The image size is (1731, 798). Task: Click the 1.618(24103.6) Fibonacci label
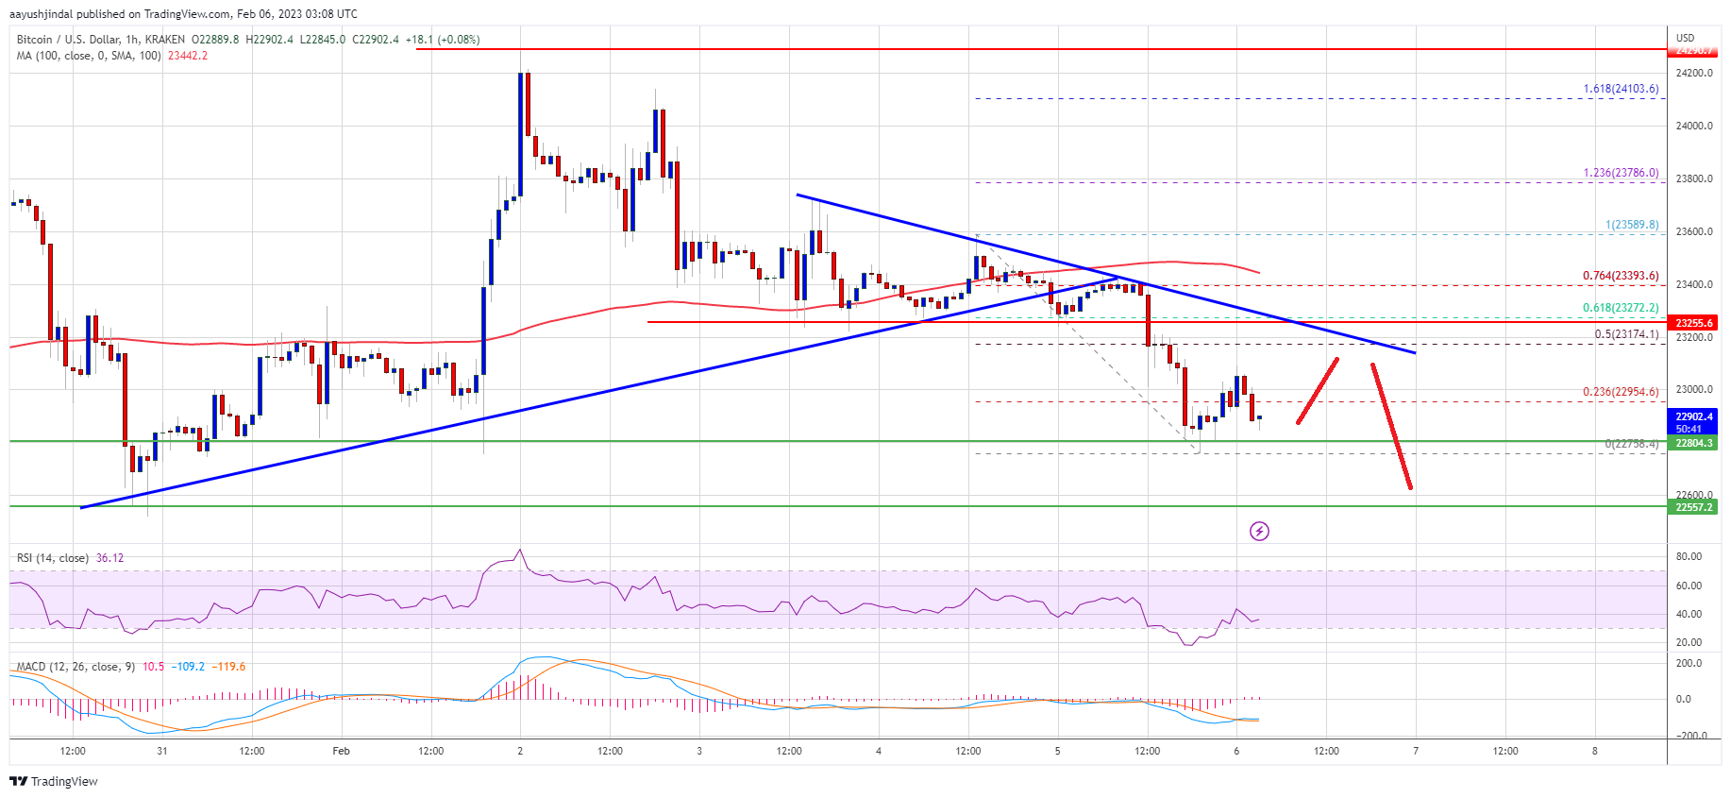(1621, 89)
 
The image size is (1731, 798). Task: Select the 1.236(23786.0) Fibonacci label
(1621, 173)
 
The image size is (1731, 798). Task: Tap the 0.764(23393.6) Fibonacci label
(1621, 276)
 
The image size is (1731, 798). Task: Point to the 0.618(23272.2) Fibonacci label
(1621, 308)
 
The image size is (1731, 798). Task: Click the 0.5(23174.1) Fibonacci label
(1626, 334)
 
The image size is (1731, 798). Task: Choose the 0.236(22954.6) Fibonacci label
(1621, 392)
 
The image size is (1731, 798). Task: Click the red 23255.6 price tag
(1694, 323)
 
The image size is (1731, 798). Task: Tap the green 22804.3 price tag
(1694, 443)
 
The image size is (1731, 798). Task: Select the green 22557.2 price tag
(1694, 507)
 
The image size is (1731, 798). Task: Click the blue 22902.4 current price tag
(1694, 416)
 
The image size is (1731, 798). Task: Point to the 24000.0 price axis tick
(1694, 126)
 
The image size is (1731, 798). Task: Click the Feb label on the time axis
(341, 751)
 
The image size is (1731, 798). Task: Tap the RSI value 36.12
(109, 558)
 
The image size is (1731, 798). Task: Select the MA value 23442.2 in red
(188, 56)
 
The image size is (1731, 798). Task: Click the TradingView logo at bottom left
(54, 781)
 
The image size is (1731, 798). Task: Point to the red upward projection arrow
(1318, 390)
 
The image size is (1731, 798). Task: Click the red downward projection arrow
(1391, 426)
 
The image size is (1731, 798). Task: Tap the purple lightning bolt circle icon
(1259, 531)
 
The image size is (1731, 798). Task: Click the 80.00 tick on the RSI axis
(1689, 556)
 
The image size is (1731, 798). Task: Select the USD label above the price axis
(1685, 38)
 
